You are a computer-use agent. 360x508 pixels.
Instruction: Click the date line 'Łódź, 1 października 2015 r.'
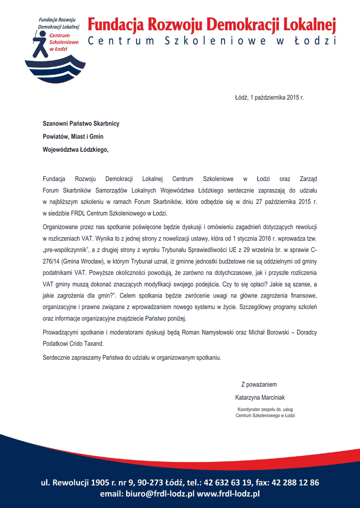pos(269,97)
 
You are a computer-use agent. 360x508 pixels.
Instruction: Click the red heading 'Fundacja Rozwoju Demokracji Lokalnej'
pos(212,24)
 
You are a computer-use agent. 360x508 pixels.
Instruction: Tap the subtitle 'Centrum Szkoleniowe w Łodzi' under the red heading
pos(212,41)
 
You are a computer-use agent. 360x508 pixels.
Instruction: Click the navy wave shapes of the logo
pos(55,69)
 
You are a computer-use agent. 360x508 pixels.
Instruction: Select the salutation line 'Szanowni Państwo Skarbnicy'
pos(81,123)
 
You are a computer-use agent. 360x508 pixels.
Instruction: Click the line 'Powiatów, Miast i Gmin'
pos(73,136)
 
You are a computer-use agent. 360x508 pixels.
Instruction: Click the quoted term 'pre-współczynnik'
pos(67,249)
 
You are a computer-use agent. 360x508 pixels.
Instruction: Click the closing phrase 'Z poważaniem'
pos(259,384)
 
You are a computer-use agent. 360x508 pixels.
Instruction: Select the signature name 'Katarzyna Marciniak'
pos(260,397)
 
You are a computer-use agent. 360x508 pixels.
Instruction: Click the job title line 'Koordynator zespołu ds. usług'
pos(265,409)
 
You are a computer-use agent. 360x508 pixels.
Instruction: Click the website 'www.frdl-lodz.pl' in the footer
pos(229,494)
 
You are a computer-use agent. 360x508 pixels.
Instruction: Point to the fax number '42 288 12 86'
pos(294,482)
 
